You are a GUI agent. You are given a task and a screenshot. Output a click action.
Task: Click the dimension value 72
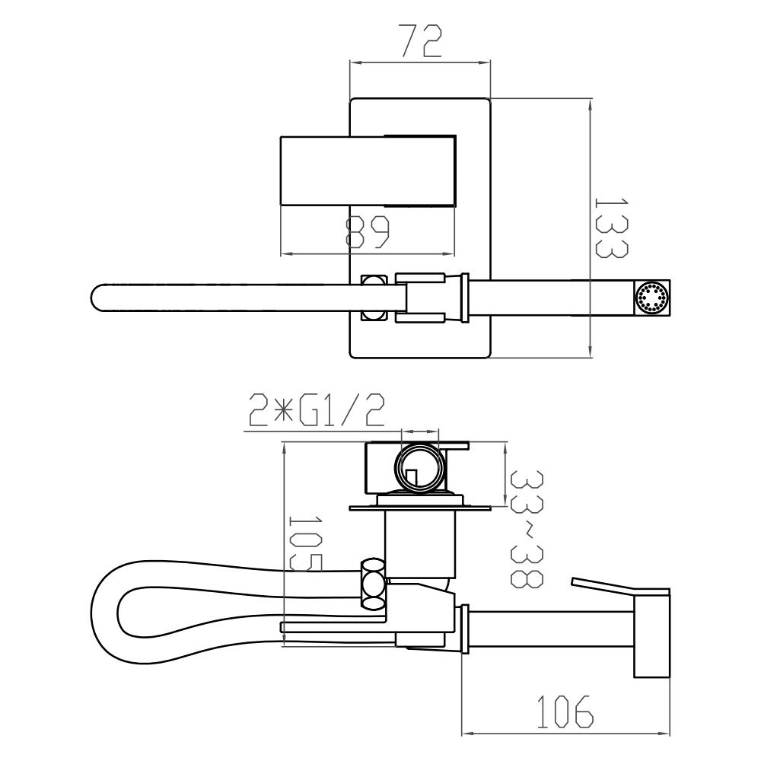[420, 41]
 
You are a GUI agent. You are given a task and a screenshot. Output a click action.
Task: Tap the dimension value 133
[612, 228]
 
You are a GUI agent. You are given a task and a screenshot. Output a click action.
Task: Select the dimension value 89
[368, 233]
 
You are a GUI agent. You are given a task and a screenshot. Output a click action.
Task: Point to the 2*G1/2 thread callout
[317, 410]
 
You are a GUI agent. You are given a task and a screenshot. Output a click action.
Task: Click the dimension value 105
[305, 543]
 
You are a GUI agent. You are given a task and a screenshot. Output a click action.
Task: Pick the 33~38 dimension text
[527, 529]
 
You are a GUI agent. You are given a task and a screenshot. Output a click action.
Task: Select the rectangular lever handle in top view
[368, 170]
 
